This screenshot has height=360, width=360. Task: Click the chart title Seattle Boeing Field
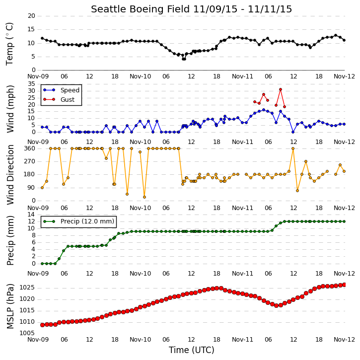point(140,9)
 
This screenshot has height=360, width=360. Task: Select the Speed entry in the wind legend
point(70,90)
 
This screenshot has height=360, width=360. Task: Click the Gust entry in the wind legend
point(67,100)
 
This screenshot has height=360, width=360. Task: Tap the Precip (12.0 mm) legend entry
point(87,221)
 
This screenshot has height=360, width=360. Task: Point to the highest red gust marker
point(281,89)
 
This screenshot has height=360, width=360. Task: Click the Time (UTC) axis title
point(192,350)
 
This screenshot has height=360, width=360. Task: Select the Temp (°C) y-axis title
point(9,44)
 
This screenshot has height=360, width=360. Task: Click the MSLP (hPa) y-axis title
point(10,306)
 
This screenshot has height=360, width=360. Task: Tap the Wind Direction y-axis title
point(10,175)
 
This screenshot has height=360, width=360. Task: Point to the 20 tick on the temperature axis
point(31,16)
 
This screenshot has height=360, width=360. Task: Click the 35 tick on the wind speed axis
point(31,84)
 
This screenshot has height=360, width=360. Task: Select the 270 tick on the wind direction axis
point(30,161)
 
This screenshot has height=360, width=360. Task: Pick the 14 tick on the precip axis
point(31,215)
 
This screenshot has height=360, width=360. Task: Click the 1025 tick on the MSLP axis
point(27,288)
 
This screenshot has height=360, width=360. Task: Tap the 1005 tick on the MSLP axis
point(27,333)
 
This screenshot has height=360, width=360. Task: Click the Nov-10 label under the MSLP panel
point(141,340)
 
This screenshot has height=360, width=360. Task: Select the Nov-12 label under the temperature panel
point(344,76)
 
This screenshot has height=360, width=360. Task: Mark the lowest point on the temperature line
point(184,59)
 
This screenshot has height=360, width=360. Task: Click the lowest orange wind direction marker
point(144,197)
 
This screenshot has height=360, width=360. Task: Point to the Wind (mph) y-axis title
point(10,109)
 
